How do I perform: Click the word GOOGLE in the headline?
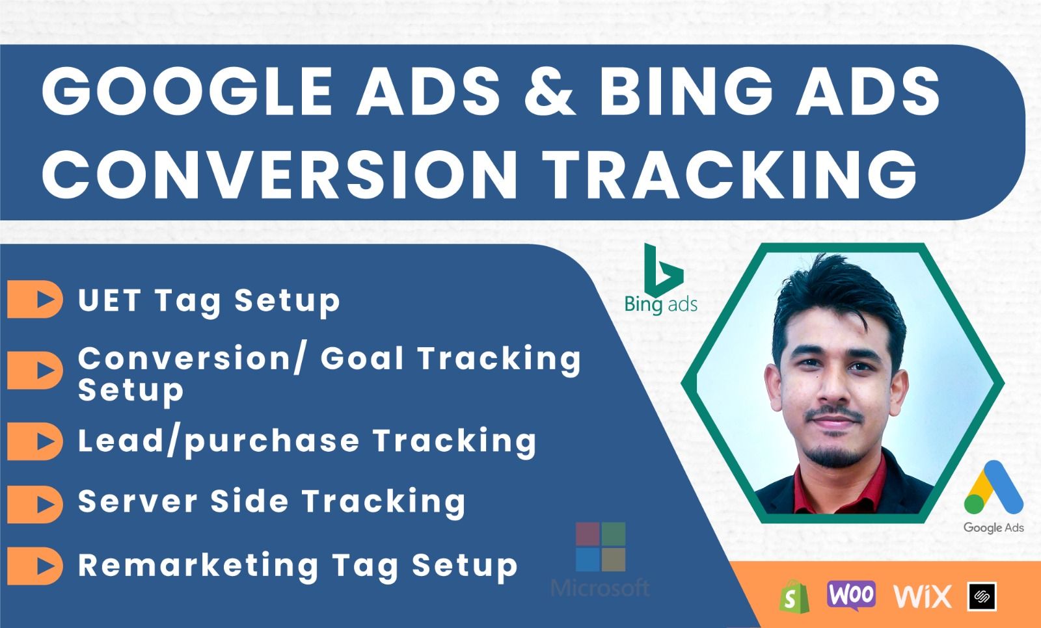[187, 91]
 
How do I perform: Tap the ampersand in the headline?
[550, 91]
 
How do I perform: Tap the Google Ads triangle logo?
[994, 488]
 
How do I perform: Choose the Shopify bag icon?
[794, 596]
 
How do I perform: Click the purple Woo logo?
[851, 595]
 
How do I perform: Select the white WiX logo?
[923, 596]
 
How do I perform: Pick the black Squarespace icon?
[982, 596]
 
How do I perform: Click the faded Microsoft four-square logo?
[601, 547]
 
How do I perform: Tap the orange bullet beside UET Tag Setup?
[35, 299]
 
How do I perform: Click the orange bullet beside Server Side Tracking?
[35, 504]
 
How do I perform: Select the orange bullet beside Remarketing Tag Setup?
[35, 566]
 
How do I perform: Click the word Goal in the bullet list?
[362, 358]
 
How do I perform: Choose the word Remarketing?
[198, 566]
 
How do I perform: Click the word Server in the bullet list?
[138, 501]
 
